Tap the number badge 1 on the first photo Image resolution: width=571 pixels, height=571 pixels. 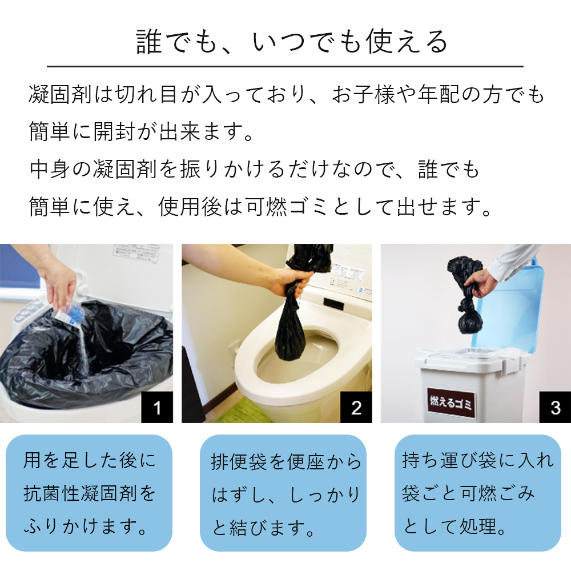(156, 408)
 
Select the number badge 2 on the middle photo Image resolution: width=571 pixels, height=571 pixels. (356, 408)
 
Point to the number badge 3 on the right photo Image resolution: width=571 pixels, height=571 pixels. (555, 408)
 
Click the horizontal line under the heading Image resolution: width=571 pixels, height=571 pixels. (285, 67)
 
